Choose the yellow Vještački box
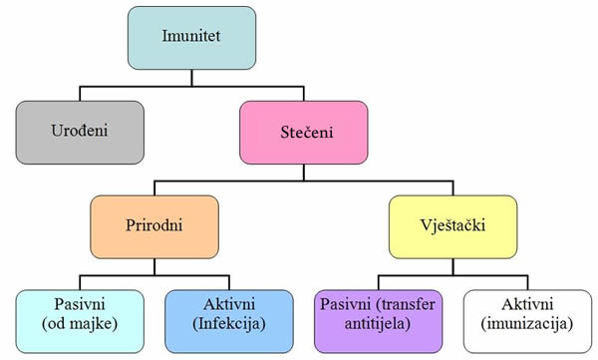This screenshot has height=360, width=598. (x=453, y=225)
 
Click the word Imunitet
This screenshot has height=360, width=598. (x=190, y=37)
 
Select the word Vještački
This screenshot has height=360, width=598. (x=453, y=226)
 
